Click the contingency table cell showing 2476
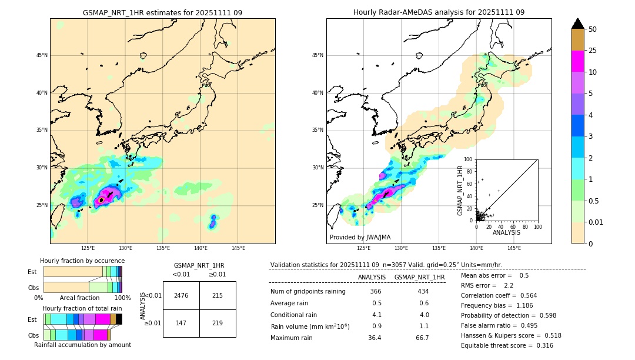click(181, 295)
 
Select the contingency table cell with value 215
click(218, 295)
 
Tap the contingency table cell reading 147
click(181, 323)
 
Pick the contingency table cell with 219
click(218, 323)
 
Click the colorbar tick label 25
click(593, 51)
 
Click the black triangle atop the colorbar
click(578, 24)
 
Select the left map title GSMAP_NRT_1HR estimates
click(162, 12)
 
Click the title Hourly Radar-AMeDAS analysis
click(439, 12)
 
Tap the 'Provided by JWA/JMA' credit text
click(360, 238)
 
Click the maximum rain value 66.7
click(422, 338)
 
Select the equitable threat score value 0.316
click(540, 345)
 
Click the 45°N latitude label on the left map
click(42, 55)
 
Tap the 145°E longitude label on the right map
click(514, 248)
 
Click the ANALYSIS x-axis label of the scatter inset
click(506, 233)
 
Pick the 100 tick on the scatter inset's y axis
click(468, 159)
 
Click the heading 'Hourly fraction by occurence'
click(82, 261)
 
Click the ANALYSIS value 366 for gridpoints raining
click(376, 292)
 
